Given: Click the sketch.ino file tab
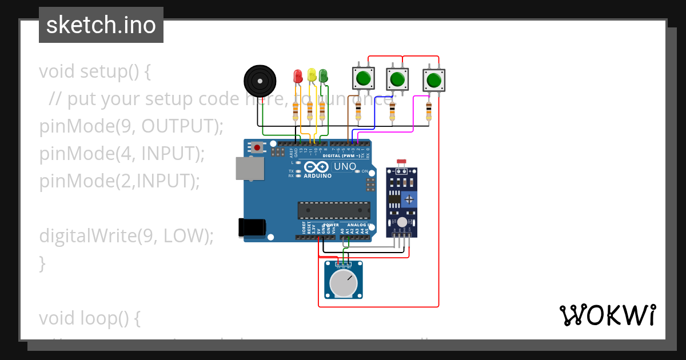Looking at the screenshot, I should point(101,25).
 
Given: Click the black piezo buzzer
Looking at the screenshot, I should point(258,80).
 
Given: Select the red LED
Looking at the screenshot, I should point(297,76).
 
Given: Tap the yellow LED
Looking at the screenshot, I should point(312,75).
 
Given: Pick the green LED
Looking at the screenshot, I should point(323,75).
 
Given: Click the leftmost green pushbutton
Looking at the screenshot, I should point(363,78).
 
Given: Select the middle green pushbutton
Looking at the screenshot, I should point(398,78).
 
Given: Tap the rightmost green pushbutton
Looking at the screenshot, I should point(434,80).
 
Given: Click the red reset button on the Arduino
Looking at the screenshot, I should point(257,147).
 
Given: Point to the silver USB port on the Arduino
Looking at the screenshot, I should point(250,166).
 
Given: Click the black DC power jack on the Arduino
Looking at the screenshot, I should point(252,227).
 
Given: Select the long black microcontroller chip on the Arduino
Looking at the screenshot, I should point(333,210).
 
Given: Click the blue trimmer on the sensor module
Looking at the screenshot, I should point(409,199).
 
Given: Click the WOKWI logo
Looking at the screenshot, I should point(607,315).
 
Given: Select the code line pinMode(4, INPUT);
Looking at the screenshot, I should point(122,154).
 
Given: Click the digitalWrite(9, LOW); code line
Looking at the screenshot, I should point(126,235).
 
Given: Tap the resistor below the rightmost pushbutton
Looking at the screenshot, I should point(429,111).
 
